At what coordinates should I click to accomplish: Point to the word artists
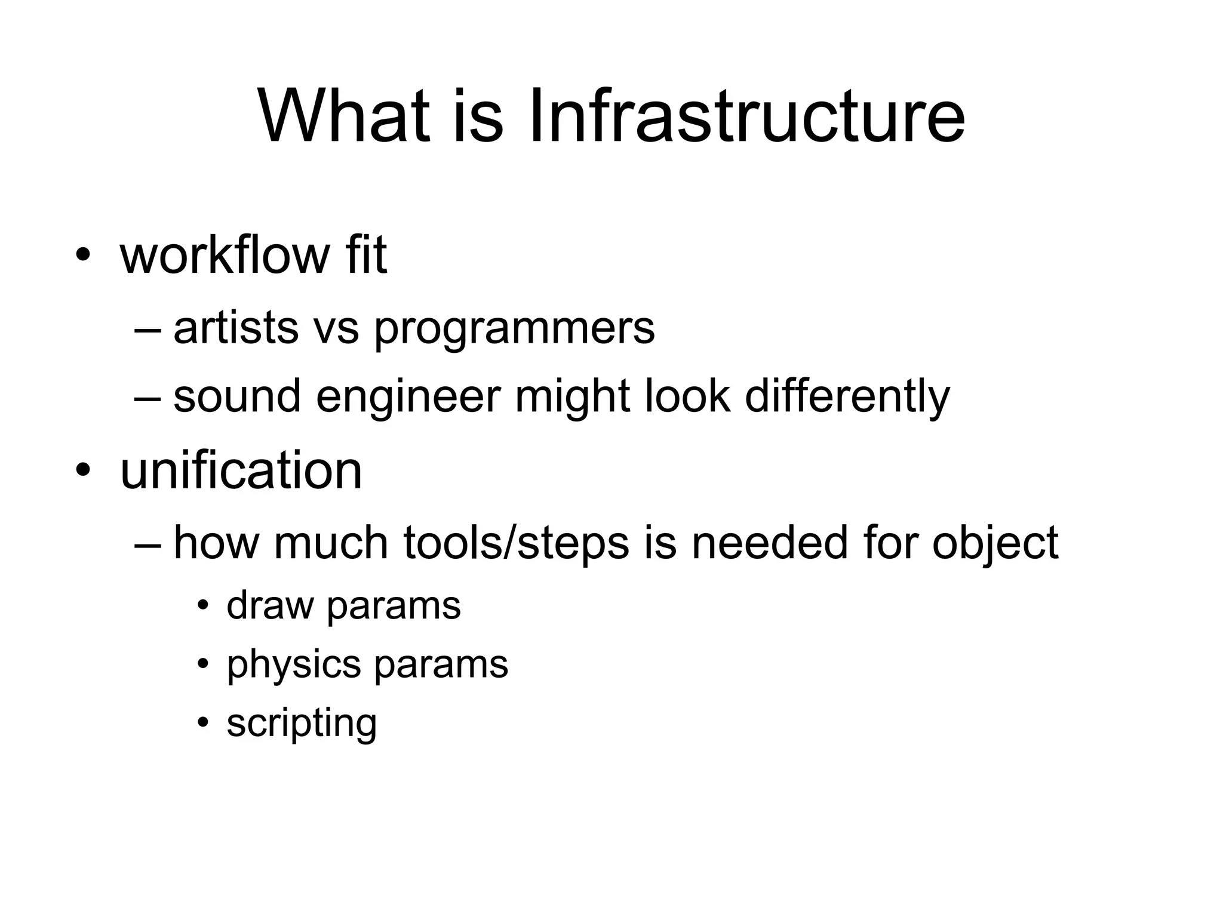[x=236, y=328]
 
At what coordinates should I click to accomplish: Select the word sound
[x=237, y=396]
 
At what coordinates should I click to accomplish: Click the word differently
[x=847, y=396]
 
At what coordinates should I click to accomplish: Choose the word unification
[x=241, y=470]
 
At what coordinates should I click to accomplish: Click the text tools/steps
[x=516, y=544]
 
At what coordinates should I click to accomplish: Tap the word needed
[x=769, y=543]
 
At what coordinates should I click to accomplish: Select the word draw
[x=270, y=605]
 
